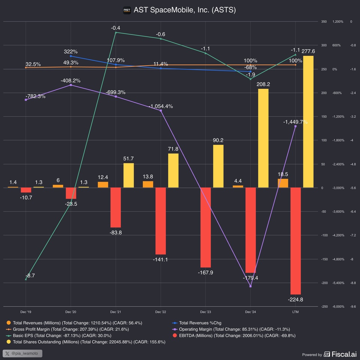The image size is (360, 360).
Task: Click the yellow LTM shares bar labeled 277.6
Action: [x=308, y=121]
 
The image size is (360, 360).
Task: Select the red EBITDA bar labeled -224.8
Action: [x=295, y=241]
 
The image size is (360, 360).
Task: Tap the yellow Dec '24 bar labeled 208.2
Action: [x=263, y=138]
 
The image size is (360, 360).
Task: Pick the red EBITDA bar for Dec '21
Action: [x=115, y=207]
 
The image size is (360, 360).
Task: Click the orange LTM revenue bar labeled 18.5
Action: [x=283, y=183]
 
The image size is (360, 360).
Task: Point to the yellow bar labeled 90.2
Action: [x=218, y=166]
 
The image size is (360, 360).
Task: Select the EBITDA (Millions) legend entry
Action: [x=237, y=335]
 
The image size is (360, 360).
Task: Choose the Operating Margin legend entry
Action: [x=233, y=329]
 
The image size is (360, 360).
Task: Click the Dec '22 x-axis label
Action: [x=160, y=312]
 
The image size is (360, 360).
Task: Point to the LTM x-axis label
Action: [x=295, y=312]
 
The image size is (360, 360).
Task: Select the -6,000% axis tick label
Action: [x=338, y=307]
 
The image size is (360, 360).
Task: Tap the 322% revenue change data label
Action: [x=70, y=51]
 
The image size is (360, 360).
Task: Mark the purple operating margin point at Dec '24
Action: [x=250, y=286]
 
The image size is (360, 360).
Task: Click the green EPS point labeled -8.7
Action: [x=26, y=279]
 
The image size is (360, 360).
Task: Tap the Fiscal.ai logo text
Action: [x=341, y=354]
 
